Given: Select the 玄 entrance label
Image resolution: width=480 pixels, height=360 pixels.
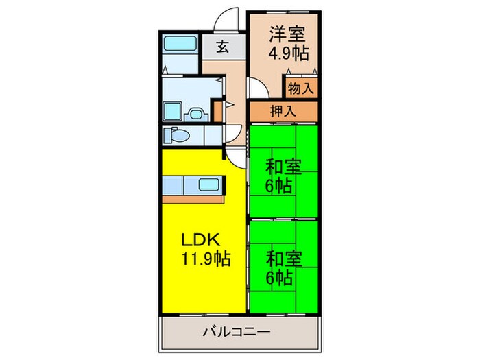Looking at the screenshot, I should tap(223, 47).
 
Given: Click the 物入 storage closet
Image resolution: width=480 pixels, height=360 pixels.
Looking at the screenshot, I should tap(301, 88).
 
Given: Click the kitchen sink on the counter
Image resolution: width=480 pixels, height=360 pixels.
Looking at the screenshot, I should tap(209, 184).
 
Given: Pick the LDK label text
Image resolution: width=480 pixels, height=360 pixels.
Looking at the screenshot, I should tap(200, 240).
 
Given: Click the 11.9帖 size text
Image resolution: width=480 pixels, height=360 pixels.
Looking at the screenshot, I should tap(205, 259).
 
